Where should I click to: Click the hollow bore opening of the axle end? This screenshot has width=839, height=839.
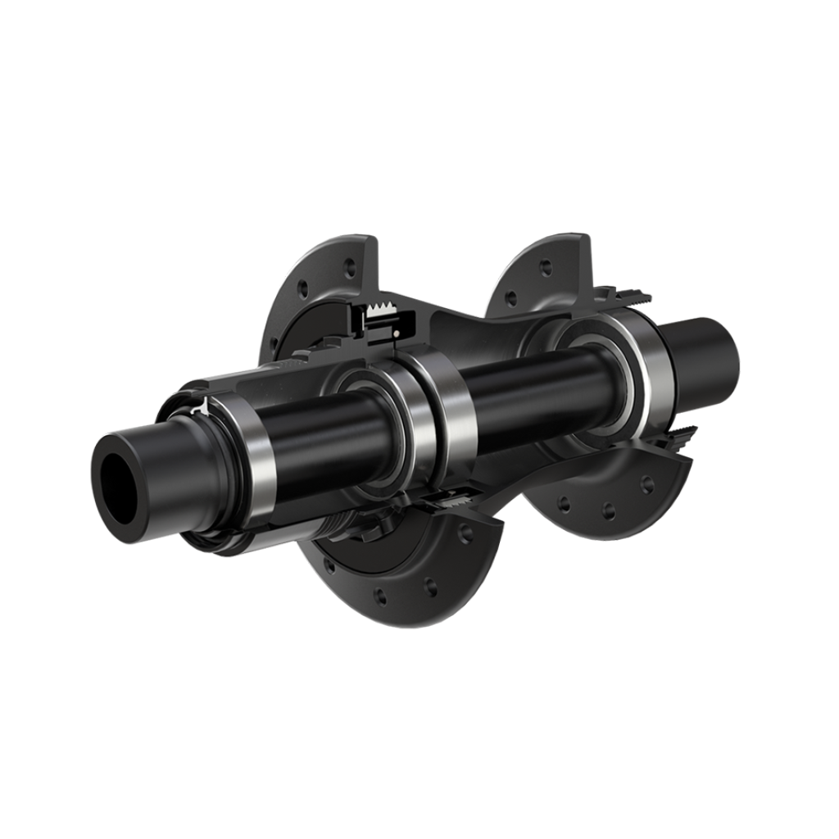(117, 483)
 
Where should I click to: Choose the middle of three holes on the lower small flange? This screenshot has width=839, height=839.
(608, 510)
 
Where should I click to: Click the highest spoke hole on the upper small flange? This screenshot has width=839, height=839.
(546, 267)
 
